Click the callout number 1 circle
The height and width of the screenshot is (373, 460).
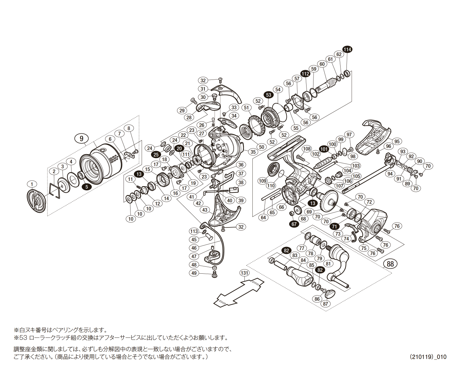pyautogui.click(x=32, y=184)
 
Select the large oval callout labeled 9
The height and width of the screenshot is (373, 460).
pyautogui.click(x=82, y=138)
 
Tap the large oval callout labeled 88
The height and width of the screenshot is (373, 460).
pyautogui.click(x=390, y=264)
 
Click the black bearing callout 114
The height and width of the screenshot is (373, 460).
pyautogui.click(x=347, y=49)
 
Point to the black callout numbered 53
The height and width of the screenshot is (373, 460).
pyautogui.click(x=268, y=95)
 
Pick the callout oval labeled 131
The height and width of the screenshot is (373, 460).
pyautogui.click(x=245, y=273)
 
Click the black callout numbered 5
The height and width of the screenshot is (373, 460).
pyautogui.click(x=86, y=186)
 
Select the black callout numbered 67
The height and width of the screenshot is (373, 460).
pyautogui.click(x=294, y=224)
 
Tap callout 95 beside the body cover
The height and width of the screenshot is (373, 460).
pyautogui.click(x=397, y=141)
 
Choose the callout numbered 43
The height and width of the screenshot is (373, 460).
pyautogui.click(x=205, y=210)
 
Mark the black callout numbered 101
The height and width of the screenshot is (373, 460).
pyautogui.click(x=324, y=149)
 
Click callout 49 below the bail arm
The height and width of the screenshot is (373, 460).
pyautogui.click(x=194, y=273)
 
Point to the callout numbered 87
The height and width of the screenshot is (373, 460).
pyautogui.click(x=325, y=304)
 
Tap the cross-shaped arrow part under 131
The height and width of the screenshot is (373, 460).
pyautogui.click(x=240, y=291)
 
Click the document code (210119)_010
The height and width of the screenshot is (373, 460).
pyautogui.click(x=428, y=357)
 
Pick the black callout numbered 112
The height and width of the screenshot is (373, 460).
pyautogui.click(x=305, y=74)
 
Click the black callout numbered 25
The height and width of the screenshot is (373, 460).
pyautogui.click(x=156, y=155)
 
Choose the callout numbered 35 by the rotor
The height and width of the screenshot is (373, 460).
pyautogui.click(x=253, y=152)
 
